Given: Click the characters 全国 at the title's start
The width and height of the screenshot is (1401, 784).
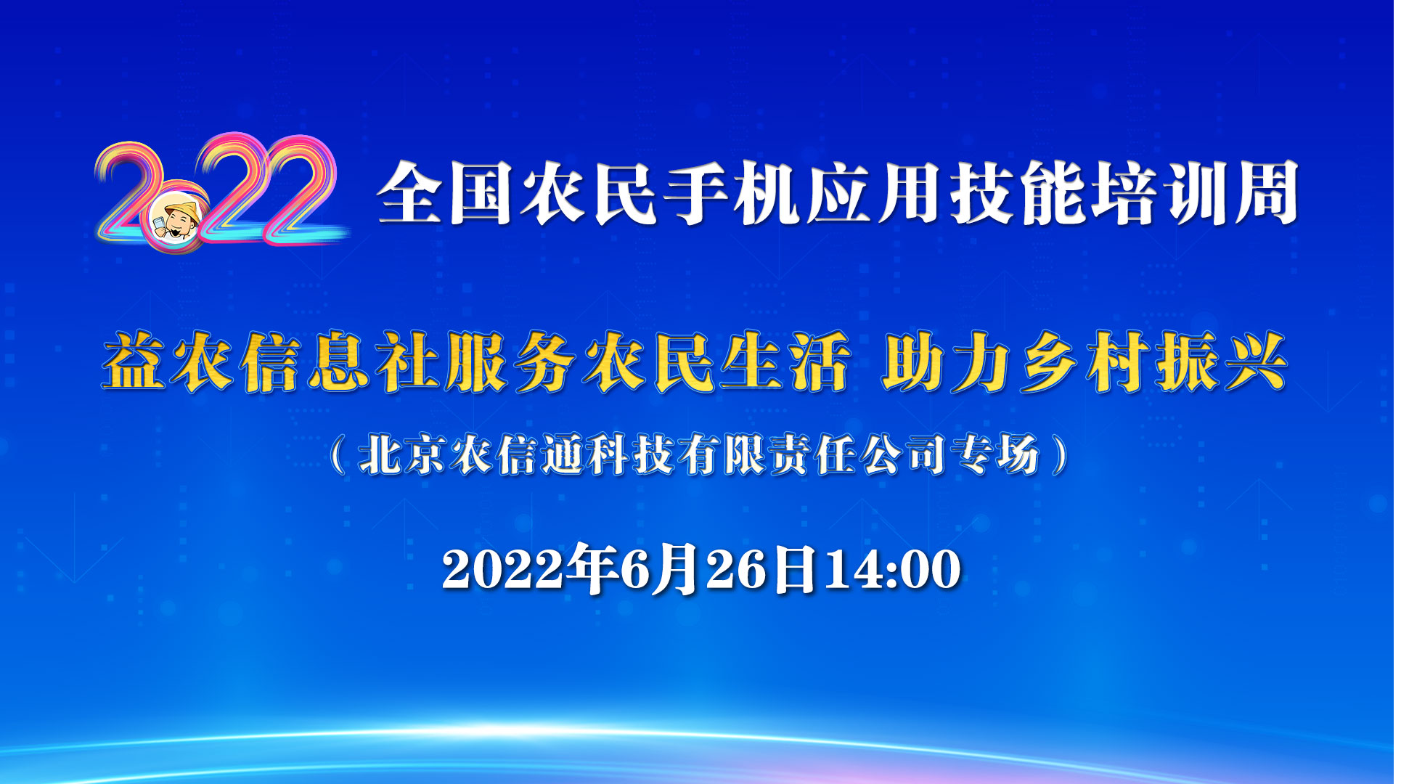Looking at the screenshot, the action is (x=445, y=193).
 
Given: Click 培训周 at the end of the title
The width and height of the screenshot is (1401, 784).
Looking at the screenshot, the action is (x=1196, y=193).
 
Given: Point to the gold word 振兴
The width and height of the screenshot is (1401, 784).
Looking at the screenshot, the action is (x=1222, y=362).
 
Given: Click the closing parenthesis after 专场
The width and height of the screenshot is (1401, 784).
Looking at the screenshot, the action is (x=1061, y=455).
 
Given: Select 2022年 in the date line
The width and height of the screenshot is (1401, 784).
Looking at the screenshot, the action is (x=528, y=569).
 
